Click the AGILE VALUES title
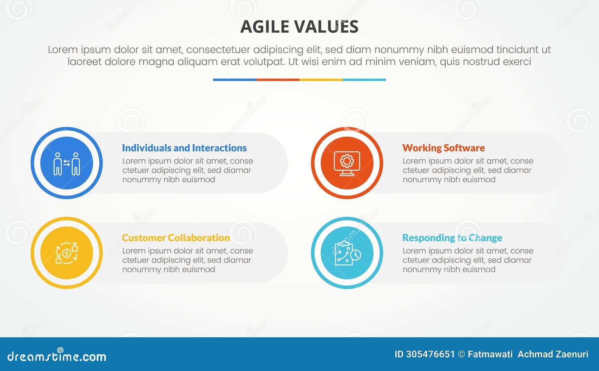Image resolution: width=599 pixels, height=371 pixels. pos(299,27)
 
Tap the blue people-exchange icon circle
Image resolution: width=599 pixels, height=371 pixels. pos(67,163)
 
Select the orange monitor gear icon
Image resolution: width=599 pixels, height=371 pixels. pos(347,163)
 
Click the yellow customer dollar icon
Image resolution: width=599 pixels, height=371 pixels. pos(67,253)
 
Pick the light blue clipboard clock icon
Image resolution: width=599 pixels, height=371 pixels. pos(347,253)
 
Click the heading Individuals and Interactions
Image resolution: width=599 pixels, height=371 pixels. pos(184,148)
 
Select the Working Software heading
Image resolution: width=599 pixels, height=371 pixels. pos(443,148)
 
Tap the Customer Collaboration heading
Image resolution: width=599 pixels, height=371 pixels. pos(176,238)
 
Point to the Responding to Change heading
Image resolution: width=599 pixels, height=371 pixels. pos(452,238)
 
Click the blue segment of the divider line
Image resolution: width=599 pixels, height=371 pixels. pos(234,79)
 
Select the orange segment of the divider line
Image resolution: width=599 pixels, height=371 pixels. pos(278,79)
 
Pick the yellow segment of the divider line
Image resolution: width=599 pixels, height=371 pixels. pos(321,79)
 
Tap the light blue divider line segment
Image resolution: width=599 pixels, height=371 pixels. pos(364,79)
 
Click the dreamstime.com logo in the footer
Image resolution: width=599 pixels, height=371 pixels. pos(57,356)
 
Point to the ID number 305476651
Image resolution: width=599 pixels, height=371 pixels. pos(430,354)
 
